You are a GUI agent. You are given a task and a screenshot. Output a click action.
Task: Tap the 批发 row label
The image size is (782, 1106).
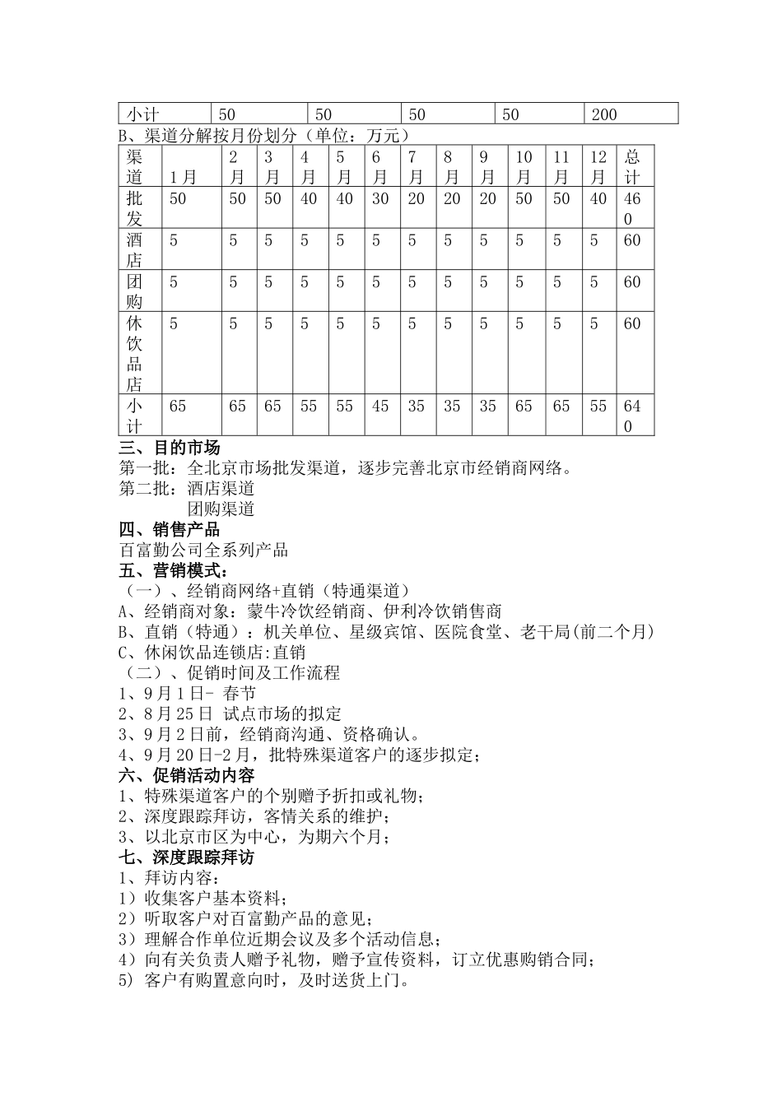[x=135, y=208]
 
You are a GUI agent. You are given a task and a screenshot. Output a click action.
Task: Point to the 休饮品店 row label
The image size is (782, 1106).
[x=135, y=353]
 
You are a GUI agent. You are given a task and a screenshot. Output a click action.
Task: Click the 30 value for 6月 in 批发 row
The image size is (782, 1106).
[x=379, y=199]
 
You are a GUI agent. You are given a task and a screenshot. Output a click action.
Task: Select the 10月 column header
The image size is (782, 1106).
[x=524, y=167]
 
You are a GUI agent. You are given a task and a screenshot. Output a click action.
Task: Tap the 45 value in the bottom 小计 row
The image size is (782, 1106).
[x=379, y=407]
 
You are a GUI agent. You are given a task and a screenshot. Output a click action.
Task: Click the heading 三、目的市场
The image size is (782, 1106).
[x=170, y=448]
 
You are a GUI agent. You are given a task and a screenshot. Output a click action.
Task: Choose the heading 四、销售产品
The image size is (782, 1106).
[x=170, y=530]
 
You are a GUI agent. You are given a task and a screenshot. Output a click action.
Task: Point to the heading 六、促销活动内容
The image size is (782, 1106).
[x=187, y=775]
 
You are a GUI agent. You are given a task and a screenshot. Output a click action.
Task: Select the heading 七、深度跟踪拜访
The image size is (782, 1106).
[x=187, y=857]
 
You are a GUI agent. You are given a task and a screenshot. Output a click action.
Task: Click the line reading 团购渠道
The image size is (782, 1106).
[x=221, y=509]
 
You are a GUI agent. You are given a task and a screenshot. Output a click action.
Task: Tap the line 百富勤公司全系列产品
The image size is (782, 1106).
[x=203, y=551]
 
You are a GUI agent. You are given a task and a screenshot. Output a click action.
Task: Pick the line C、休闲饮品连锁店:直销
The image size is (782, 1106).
[x=212, y=653]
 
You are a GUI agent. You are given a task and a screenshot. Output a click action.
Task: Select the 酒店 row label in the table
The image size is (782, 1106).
[x=135, y=249]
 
